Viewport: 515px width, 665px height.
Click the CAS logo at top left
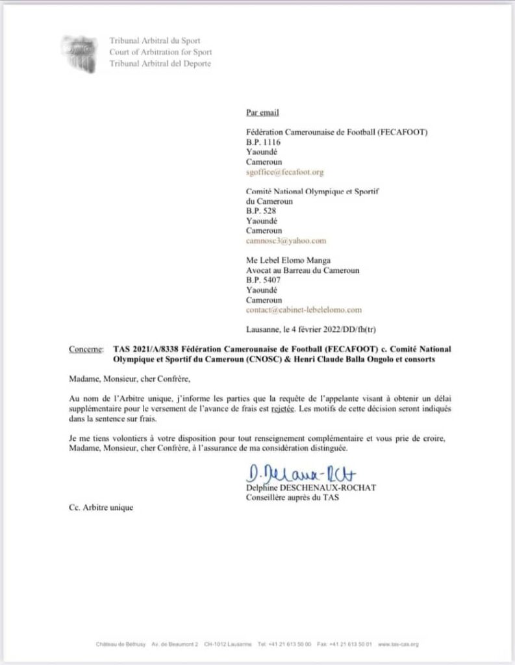(80, 52)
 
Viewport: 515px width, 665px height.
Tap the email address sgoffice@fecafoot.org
(284, 172)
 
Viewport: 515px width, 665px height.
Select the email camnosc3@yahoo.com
(286, 240)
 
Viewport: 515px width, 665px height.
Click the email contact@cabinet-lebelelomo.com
(304, 310)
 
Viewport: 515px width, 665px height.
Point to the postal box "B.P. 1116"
(263, 142)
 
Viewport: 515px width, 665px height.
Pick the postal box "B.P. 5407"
(263, 280)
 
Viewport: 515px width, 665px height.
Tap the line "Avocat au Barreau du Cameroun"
(303, 270)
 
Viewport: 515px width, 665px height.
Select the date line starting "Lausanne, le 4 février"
(312, 329)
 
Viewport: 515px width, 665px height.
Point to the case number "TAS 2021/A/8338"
(144, 349)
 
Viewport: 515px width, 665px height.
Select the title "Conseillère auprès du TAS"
(292, 498)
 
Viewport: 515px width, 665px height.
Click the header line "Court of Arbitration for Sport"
(160, 52)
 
